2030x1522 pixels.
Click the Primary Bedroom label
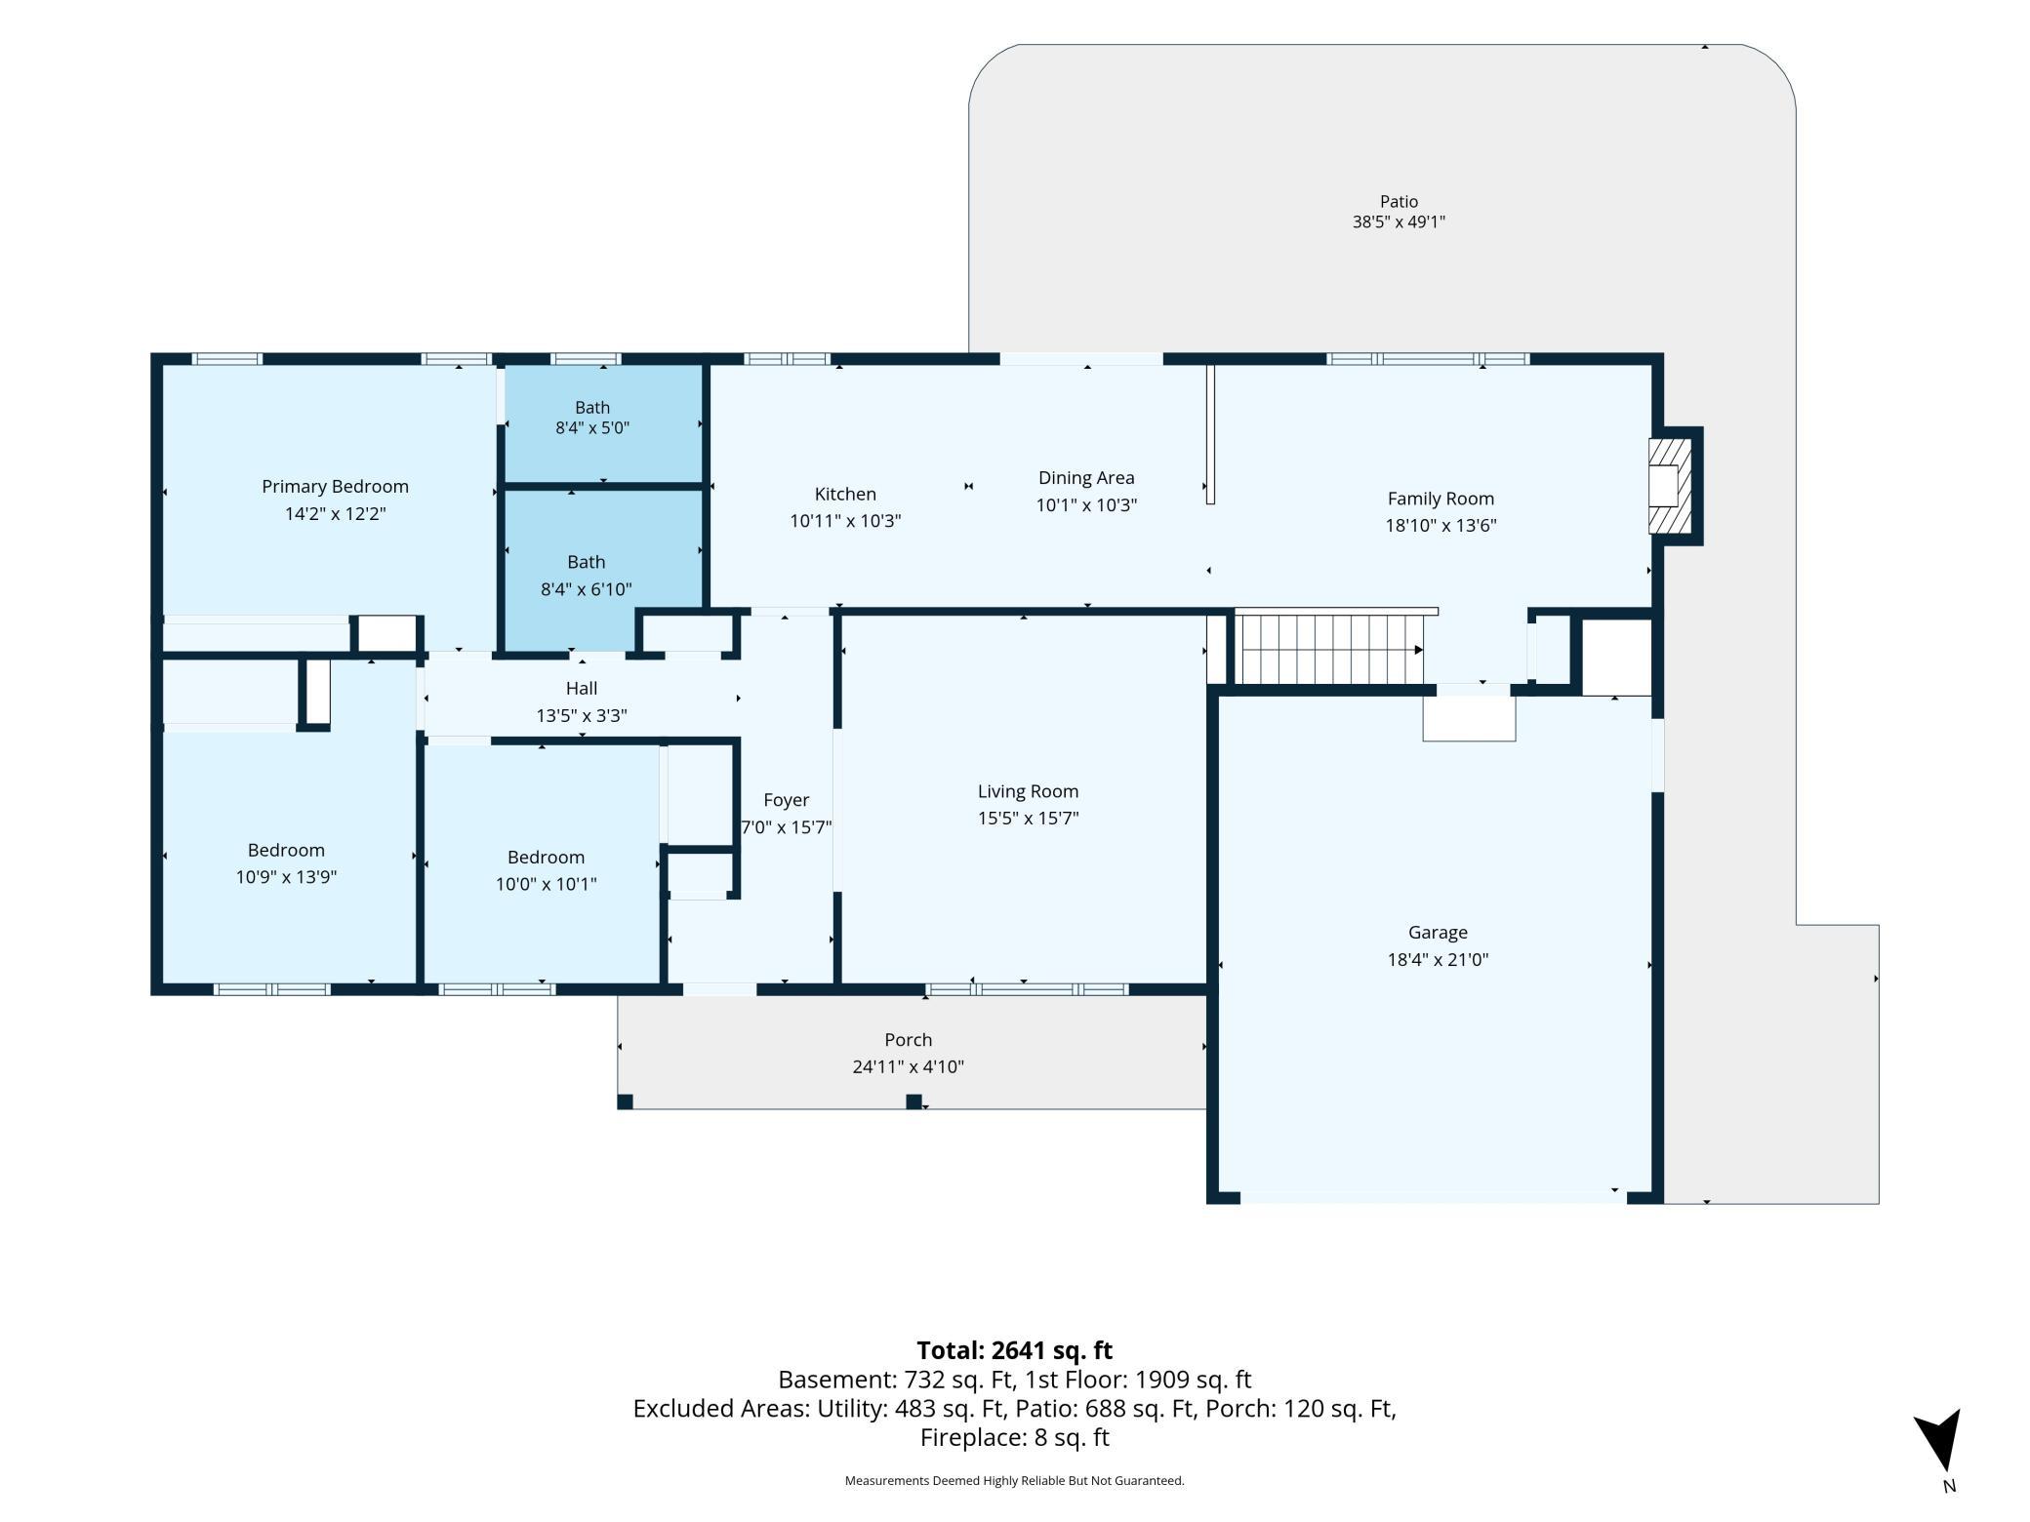[335, 487]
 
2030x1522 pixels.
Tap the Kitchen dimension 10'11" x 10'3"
[845, 521]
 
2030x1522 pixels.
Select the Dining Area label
[1086, 478]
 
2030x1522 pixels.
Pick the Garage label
[1438, 933]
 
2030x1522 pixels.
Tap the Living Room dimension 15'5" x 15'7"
[1028, 819]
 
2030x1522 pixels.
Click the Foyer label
[787, 800]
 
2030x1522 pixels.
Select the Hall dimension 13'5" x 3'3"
[582, 716]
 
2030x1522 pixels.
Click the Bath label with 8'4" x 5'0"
[592, 408]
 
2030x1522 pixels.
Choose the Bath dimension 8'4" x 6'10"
[587, 589]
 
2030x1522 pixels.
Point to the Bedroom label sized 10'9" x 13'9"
[286, 851]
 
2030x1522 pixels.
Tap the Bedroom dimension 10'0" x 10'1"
[546, 884]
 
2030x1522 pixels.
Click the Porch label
[909, 1040]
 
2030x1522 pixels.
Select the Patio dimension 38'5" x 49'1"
[1399, 222]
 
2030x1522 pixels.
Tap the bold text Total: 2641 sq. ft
[1014, 1350]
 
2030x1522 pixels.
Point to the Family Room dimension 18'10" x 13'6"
[1441, 526]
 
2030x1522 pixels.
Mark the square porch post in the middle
[913, 1101]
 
